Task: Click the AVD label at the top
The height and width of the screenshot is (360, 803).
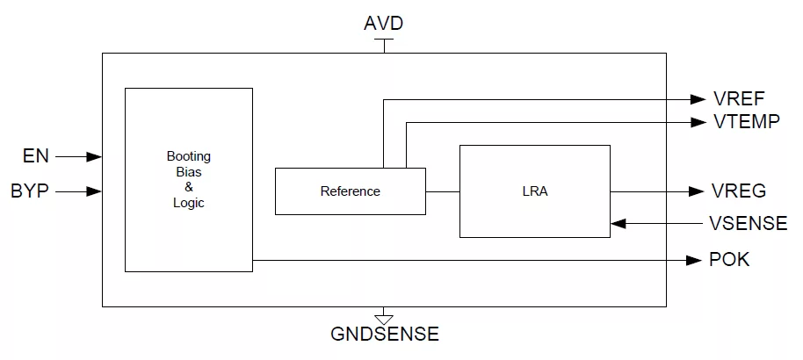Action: [x=384, y=24]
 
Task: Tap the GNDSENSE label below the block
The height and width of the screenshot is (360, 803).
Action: [x=385, y=334]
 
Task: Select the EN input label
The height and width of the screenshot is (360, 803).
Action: [x=36, y=156]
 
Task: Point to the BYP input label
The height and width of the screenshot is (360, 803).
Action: [x=30, y=191]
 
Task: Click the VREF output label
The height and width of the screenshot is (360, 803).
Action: [x=739, y=98]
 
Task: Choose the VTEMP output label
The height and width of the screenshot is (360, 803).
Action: [x=746, y=122]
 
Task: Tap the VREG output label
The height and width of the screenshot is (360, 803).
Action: [x=739, y=191]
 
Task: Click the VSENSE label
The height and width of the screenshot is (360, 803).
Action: [x=749, y=223]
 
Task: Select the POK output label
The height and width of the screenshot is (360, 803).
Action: [x=729, y=260]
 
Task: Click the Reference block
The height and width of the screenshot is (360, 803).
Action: [x=351, y=191]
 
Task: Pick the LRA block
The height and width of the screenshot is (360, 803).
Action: [x=535, y=191]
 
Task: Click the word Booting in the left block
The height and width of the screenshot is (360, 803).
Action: [x=189, y=156]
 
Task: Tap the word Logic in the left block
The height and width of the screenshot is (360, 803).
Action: [x=189, y=203]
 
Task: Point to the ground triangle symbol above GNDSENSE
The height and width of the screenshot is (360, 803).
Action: [x=384, y=319]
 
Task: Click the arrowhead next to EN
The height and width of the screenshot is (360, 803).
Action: [x=94, y=156]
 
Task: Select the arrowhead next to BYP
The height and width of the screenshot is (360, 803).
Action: [x=94, y=191]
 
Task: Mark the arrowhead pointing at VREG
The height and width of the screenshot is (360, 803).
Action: [x=697, y=191]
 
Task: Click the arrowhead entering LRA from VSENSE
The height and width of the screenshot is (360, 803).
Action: [x=619, y=223]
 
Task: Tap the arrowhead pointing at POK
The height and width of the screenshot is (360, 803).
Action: [x=694, y=260]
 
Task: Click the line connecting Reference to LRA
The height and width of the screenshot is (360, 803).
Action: [x=443, y=191]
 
